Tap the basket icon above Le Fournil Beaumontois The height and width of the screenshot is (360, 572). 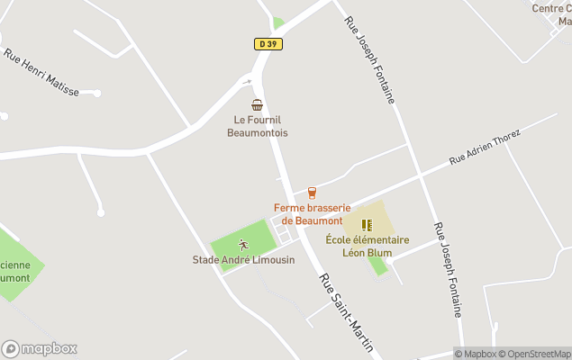tap(258, 104)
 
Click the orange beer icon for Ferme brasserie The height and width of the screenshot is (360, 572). tap(312, 193)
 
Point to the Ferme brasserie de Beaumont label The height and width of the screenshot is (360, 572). tap(312, 214)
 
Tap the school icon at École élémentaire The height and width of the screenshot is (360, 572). tap(366, 225)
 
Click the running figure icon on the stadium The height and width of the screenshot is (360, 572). tap(242, 245)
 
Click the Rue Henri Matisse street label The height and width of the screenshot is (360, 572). tap(41, 72)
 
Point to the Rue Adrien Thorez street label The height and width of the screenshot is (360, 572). tap(486, 146)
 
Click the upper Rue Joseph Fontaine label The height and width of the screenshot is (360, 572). tap(369, 58)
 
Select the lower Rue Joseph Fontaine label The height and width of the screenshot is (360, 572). tap(448, 269)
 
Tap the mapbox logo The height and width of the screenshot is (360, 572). tap(40, 348)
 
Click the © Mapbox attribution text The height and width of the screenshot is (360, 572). tap(475, 354)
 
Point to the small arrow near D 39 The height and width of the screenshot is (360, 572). tap(247, 82)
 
